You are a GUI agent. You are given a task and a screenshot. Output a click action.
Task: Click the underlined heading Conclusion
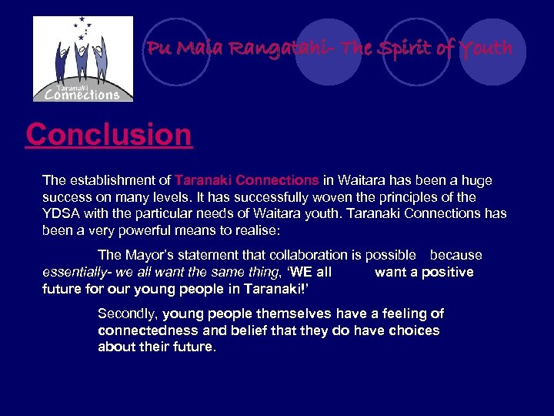click(x=108, y=135)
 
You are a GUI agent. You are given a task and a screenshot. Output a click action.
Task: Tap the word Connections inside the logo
click(x=83, y=95)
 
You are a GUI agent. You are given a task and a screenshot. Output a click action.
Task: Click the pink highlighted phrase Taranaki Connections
click(x=246, y=180)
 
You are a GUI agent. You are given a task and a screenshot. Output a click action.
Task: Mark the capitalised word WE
click(x=301, y=272)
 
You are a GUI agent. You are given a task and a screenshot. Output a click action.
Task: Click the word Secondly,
click(x=128, y=314)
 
